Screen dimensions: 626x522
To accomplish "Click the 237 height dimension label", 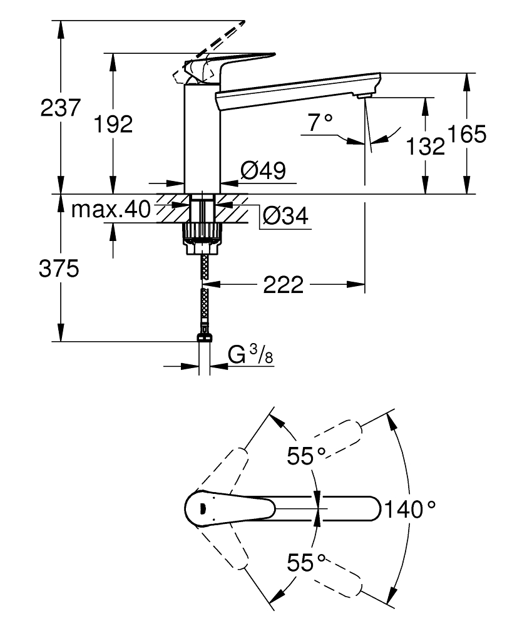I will (x=61, y=108).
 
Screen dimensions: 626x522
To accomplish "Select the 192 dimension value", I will (x=113, y=125).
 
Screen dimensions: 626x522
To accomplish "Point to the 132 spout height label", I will (x=425, y=146).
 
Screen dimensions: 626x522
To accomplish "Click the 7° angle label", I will (x=320, y=123).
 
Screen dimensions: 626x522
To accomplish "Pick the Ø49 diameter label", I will (x=263, y=170).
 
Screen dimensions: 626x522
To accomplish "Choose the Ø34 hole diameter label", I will (x=285, y=216).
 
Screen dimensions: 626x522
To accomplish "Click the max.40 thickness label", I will (x=110, y=209).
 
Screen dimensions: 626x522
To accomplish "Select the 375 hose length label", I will (x=59, y=269).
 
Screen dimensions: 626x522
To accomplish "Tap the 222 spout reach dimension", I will (x=283, y=285).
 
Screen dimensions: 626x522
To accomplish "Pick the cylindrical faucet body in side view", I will (x=203, y=138).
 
